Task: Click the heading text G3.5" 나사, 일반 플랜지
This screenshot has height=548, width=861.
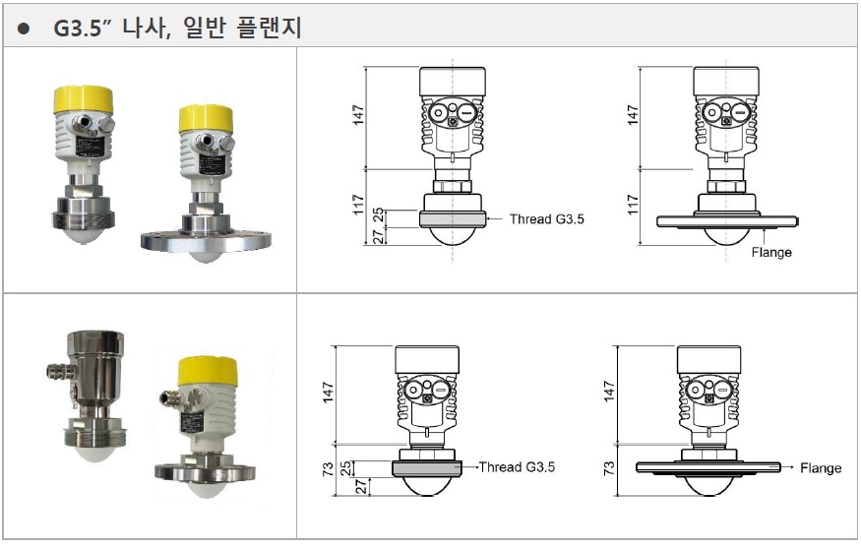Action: click(177, 28)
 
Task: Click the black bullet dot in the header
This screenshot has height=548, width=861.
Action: click(23, 29)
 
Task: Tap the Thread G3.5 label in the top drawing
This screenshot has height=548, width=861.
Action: click(546, 219)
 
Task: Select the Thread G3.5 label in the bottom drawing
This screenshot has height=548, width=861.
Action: click(517, 467)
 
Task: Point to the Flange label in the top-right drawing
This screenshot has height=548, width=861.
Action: click(771, 253)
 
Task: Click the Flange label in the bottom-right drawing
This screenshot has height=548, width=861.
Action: click(821, 468)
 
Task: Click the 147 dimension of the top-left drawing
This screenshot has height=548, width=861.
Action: click(358, 115)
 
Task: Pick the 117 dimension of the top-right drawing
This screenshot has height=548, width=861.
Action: click(633, 205)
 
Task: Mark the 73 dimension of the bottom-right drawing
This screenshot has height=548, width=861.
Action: click(609, 468)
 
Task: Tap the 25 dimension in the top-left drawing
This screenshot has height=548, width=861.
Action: click(378, 214)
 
